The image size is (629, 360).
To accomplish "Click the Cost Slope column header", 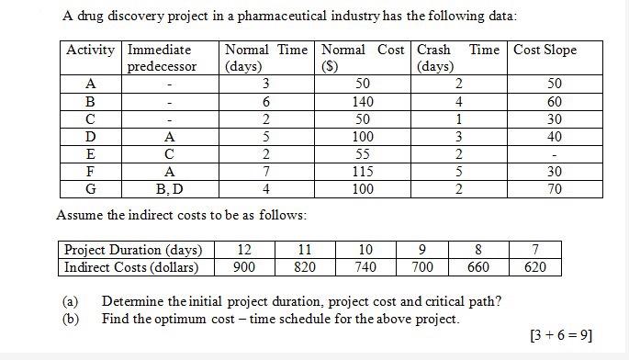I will click(x=545, y=50).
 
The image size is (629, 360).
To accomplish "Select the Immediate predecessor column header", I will click(x=162, y=58).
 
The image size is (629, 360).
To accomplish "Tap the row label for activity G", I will click(x=90, y=189).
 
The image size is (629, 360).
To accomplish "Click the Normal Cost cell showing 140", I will click(x=363, y=102).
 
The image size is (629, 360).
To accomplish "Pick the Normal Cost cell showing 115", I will click(x=363, y=172).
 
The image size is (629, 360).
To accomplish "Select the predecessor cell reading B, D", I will click(x=169, y=189).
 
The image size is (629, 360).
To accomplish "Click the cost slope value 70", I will click(x=555, y=189).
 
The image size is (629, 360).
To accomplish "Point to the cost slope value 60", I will click(x=555, y=102).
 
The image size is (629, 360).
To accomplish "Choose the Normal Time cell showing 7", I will click(x=264, y=172).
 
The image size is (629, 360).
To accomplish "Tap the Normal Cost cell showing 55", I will click(x=363, y=154).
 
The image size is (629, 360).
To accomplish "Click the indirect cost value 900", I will click(x=244, y=267).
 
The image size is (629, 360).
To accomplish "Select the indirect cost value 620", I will click(x=535, y=267).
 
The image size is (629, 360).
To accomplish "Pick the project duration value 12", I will click(x=244, y=250).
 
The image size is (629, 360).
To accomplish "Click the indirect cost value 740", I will click(x=365, y=267).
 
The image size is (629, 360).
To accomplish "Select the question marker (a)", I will click(x=70, y=301).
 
